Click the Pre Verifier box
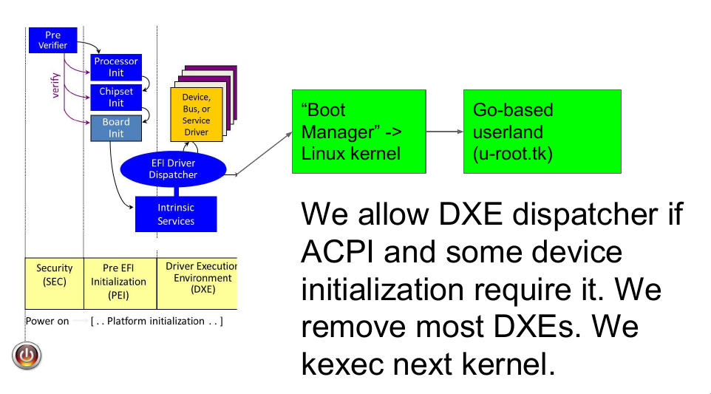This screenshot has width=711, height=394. [x=52, y=40]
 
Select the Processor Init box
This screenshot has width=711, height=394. [x=116, y=67]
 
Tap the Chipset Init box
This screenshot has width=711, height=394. [x=116, y=98]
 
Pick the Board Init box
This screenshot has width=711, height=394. [x=116, y=128]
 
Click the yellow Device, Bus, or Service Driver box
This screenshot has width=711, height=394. [x=196, y=115]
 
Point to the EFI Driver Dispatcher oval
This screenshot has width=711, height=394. [x=173, y=169]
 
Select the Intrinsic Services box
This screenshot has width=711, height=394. [x=176, y=214]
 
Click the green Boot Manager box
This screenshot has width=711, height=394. [x=358, y=132]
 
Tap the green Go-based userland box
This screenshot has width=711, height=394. [x=531, y=132]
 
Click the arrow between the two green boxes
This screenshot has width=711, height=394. [x=444, y=132]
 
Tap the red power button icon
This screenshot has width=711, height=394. [x=27, y=356]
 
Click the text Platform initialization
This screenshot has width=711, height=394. [x=156, y=322]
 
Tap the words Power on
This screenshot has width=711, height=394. [x=47, y=322]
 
